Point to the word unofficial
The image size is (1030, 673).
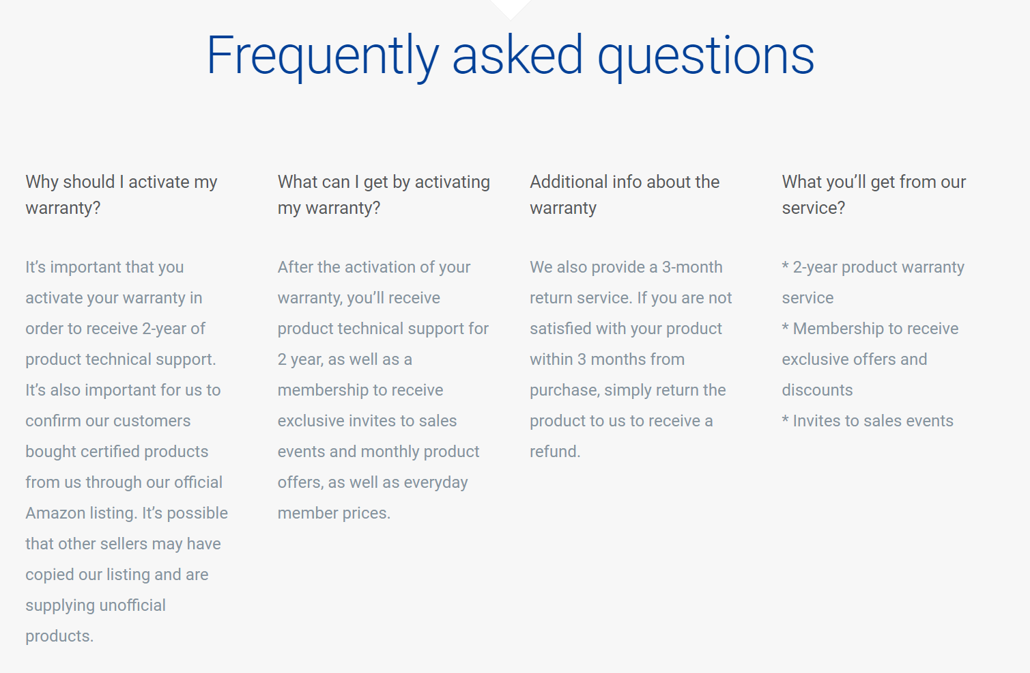point(132,605)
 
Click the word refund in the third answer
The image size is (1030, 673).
point(554,451)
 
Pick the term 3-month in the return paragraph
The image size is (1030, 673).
point(692,267)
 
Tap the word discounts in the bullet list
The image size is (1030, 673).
point(817,390)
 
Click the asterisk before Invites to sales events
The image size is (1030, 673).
point(786,419)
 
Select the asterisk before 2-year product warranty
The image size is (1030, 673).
point(786,265)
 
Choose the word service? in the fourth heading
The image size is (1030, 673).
point(814,208)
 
